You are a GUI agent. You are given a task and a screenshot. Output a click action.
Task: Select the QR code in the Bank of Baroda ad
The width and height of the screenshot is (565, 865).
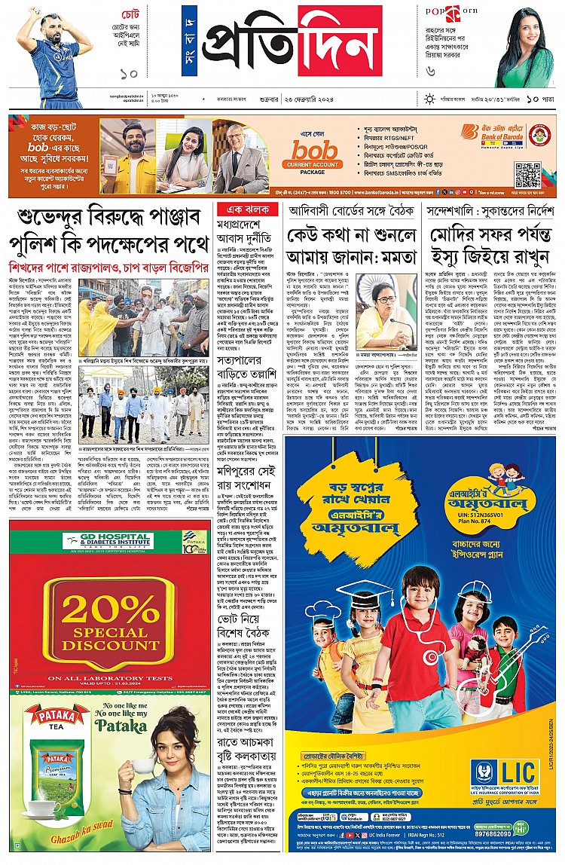[527, 174]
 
